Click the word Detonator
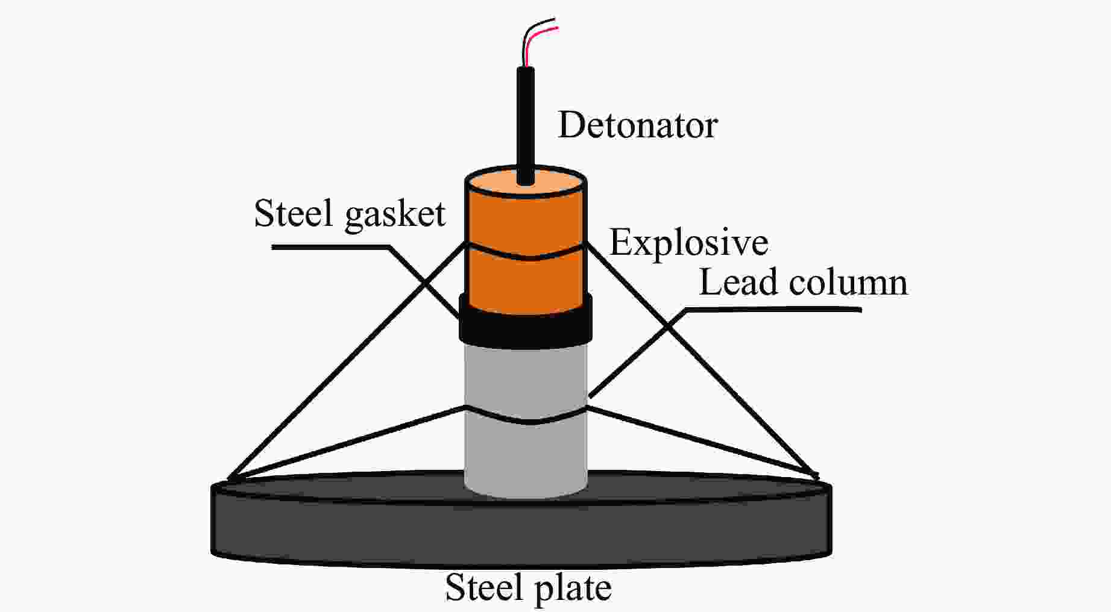tap(638, 125)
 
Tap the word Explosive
tap(688, 242)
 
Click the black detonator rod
tap(525, 120)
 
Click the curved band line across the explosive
tap(525, 258)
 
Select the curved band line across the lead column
tap(525, 422)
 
